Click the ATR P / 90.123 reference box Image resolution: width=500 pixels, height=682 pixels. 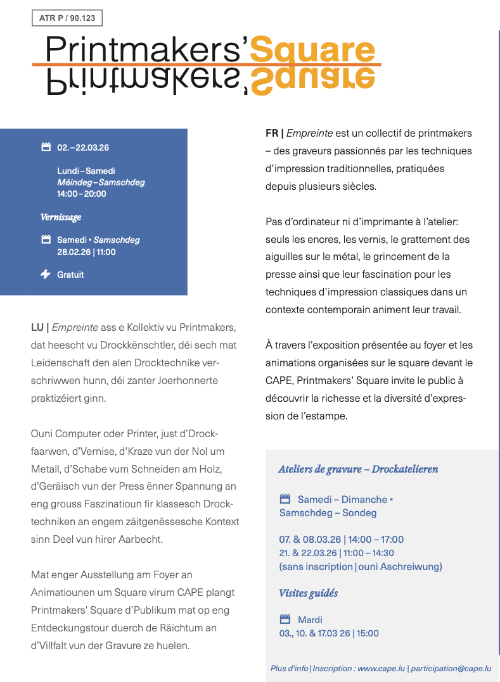click(67, 18)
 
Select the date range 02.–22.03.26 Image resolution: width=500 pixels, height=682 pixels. click(83, 147)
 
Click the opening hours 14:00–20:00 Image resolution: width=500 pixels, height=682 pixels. click(82, 194)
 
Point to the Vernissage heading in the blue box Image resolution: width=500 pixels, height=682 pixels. click(61, 217)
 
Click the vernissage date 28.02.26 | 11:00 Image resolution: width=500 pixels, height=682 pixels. click(86, 252)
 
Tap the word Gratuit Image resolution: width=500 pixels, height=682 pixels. click(70, 275)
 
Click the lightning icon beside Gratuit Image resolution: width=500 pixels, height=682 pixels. click(46, 274)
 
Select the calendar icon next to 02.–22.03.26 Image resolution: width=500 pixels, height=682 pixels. click(46, 147)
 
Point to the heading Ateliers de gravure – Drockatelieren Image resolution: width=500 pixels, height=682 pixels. click(358, 469)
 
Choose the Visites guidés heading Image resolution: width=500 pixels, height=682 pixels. click(308, 593)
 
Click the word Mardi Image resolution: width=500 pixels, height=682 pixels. click(310, 620)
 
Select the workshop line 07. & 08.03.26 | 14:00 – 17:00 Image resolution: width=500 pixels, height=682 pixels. click(341, 540)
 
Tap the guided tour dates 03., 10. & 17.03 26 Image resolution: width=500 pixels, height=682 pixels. click(314, 633)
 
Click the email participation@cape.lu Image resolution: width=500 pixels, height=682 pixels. click(452, 668)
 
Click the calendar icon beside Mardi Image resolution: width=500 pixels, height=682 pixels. click(285, 619)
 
